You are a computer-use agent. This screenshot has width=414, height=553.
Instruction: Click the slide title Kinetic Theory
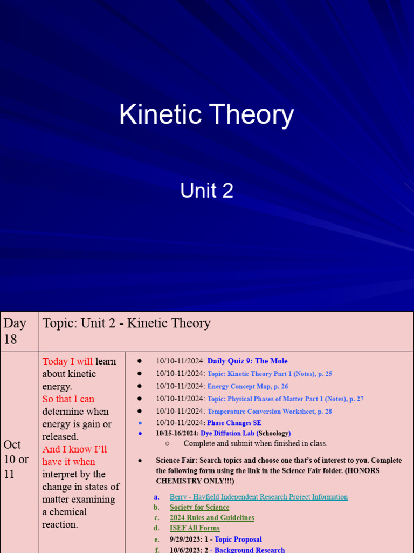click(206, 115)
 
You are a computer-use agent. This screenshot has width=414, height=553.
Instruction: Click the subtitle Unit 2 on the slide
click(206, 191)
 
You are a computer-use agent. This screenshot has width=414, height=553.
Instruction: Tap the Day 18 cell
click(15, 331)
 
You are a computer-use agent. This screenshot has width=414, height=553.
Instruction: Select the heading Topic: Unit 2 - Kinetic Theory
click(127, 323)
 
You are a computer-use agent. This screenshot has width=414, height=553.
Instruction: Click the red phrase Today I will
click(67, 361)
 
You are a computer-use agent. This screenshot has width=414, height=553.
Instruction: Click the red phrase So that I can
click(68, 399)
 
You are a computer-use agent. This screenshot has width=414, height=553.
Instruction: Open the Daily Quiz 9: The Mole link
click(247, 361)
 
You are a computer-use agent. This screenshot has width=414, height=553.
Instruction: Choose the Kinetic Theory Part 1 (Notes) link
click(270, 374)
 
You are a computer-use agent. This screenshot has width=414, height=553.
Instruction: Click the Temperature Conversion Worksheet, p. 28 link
click(270, 412)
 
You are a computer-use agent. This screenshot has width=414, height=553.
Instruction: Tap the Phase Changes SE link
click(234, 423)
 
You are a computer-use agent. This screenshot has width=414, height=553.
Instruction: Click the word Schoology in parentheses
click(273, 433)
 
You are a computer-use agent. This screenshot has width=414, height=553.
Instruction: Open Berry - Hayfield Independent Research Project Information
click(259, 497)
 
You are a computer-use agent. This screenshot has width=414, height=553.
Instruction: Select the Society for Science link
click(199, 507)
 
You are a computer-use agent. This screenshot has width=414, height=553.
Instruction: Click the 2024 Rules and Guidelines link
click(212, 517)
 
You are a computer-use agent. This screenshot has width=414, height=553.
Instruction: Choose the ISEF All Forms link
click(195, 528)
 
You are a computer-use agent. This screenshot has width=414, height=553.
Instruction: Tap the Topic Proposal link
click(238, 539)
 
